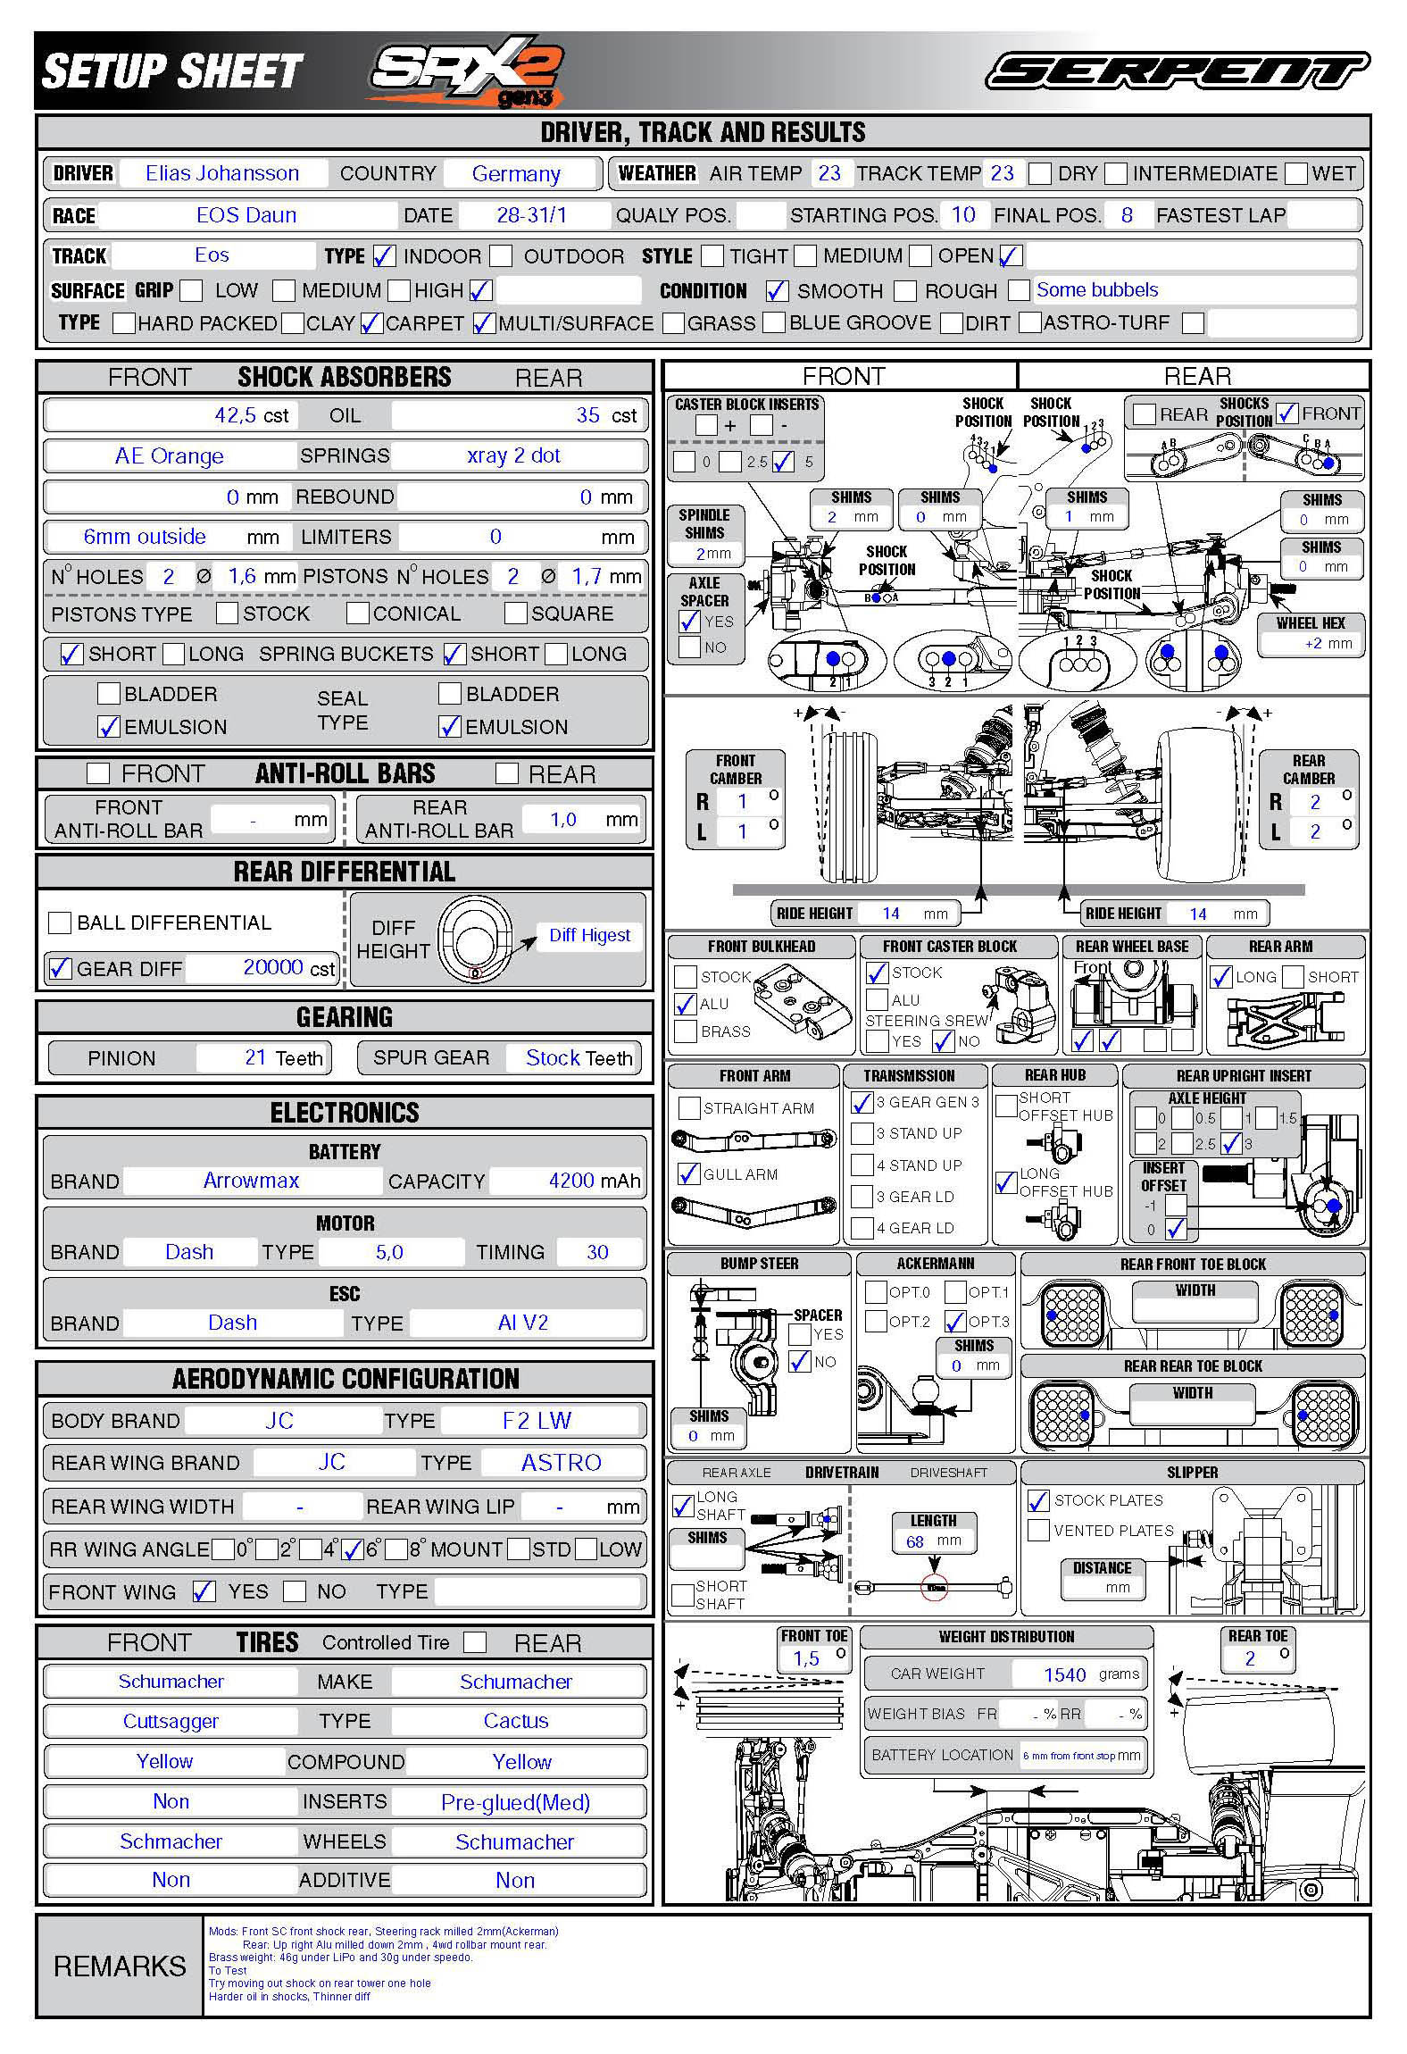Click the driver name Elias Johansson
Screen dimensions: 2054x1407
coord(222,173)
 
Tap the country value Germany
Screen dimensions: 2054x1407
coord(516,174)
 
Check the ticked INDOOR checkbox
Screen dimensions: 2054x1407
coord(384,256)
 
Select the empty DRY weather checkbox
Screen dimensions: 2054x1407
coord(1039,173)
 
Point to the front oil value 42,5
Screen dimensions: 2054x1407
coord(235,415)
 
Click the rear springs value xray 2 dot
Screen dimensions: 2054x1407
coord(513,455)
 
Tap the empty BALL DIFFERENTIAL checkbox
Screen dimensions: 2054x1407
coord(60,923)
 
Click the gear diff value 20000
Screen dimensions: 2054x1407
coord(273,967)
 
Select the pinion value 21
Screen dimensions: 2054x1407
coord(255,1057)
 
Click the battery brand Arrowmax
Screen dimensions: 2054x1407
coord(251,1181)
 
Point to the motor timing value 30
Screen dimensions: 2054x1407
coord(597,1252)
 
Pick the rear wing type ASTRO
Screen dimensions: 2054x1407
coord(561,1462)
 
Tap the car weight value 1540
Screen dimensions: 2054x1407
coord(1064,1674)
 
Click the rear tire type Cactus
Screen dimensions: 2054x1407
coord(516,1721)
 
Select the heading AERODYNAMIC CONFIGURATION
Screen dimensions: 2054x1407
coord(346,1379)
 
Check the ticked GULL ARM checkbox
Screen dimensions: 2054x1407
coord(689,1173)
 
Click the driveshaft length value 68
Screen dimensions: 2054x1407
coord(914,1541)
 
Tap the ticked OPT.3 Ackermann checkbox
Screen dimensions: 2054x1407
coord(955,1321)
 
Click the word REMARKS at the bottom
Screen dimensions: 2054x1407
coord(120,1966)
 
